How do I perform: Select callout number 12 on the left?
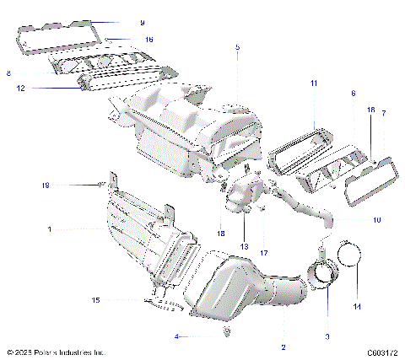coord(20,88)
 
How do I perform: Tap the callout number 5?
coord(237,48)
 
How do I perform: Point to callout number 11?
coord(313,83)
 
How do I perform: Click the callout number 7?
coord(383,112)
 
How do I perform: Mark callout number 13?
coord(246,246)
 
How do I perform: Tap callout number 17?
coord(264,252)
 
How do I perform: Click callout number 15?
coord(95,299)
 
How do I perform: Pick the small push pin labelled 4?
coord(205,334)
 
